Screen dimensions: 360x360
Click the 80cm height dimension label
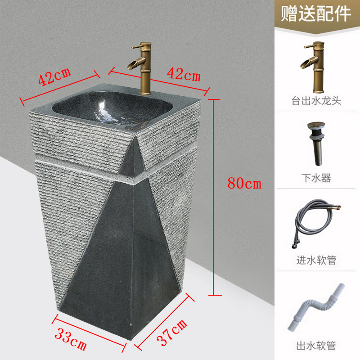[x=244, y=183]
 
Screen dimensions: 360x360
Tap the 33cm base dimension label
[x=71, y=339]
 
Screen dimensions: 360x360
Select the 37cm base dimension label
[x=172, y=332]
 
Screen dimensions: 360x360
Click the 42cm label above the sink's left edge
[x=54, y=76]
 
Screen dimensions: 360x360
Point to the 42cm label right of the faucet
[x=184, y=74]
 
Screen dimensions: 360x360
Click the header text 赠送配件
[x=316, y=14]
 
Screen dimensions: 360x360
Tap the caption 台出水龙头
[x=316, y=100]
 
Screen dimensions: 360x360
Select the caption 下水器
[x=316, y=178]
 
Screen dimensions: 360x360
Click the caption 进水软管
[x=316, y=260]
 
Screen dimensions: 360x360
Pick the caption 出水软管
[x=316, y=346]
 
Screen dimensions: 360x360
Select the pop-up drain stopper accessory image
[x=317, y=144]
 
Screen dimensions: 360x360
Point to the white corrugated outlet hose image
[x=317, y=307]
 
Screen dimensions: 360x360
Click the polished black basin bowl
[x=112, y=108]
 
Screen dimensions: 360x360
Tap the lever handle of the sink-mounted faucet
[x=137, y=47]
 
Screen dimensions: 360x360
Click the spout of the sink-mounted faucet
[x=135, y=63]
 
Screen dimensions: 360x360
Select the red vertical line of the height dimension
[x=214, y=197]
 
